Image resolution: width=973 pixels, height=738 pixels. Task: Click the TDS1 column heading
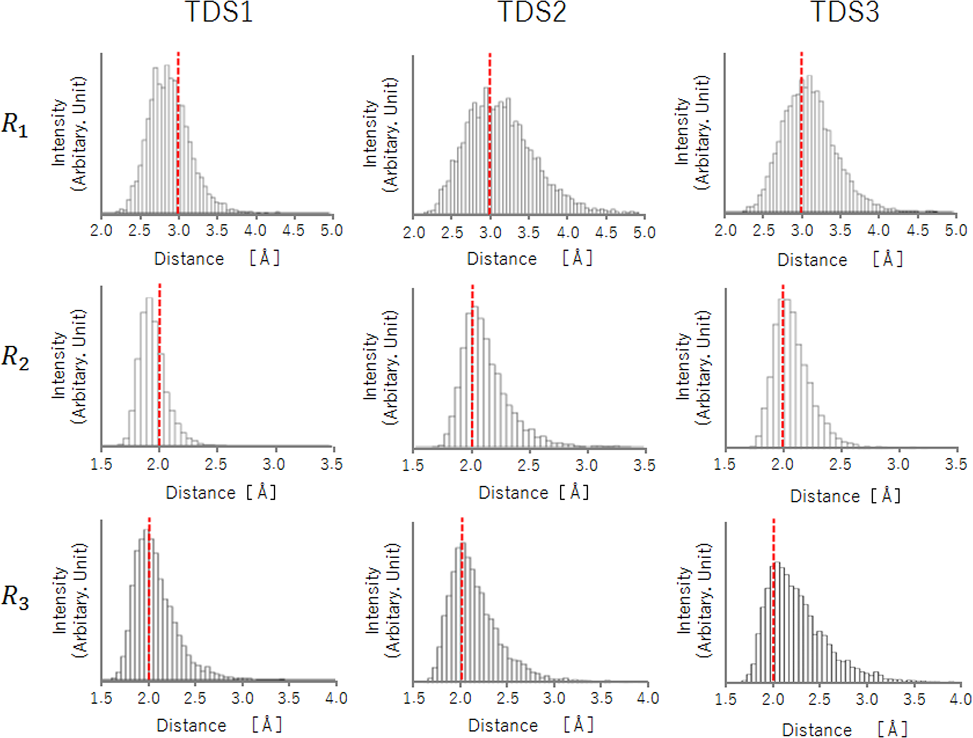click(x=219, y=12)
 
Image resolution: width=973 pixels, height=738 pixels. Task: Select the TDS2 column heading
click(x=533, y=12)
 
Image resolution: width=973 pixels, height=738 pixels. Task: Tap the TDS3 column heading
click(x=845, y=12)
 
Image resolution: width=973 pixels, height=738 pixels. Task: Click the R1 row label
click(x=15, y=125)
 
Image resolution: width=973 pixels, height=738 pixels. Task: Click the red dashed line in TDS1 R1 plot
click(x=178, y=133)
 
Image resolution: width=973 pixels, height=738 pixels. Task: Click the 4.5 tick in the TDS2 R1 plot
click(x=606, y=233)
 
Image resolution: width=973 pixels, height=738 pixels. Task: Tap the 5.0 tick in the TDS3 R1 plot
click(x=956, y=231)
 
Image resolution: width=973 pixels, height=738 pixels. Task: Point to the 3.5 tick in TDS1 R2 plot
click(x=331, y=465)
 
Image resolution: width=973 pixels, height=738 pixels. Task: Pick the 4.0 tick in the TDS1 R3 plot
click(x=336, y=699)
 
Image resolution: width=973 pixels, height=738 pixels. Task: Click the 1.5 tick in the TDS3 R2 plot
click(x=724, y=465)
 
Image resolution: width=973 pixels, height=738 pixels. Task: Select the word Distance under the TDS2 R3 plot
click(x=503, y=726)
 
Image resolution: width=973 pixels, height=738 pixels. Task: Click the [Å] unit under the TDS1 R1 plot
click(x=264, y=258)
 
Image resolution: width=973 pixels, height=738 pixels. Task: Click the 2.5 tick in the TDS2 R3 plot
click(x=507, y=699)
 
